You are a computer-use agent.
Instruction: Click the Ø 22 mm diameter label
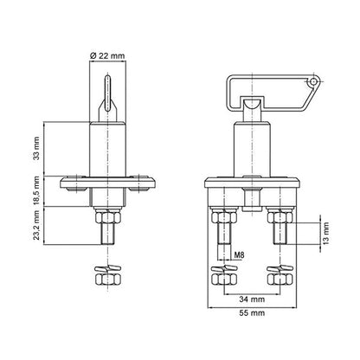point(107,55)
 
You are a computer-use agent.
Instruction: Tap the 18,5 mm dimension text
point(36,190)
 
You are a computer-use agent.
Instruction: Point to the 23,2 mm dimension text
point(36,225)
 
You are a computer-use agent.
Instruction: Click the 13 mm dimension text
point(325,234)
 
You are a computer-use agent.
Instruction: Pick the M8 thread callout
point(239,255)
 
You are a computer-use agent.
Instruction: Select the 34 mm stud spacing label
point(252,299)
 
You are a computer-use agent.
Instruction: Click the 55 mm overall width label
point(252,313)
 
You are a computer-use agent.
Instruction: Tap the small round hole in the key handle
point(312,82)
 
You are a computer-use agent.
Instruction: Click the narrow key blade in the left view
point(107,93)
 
